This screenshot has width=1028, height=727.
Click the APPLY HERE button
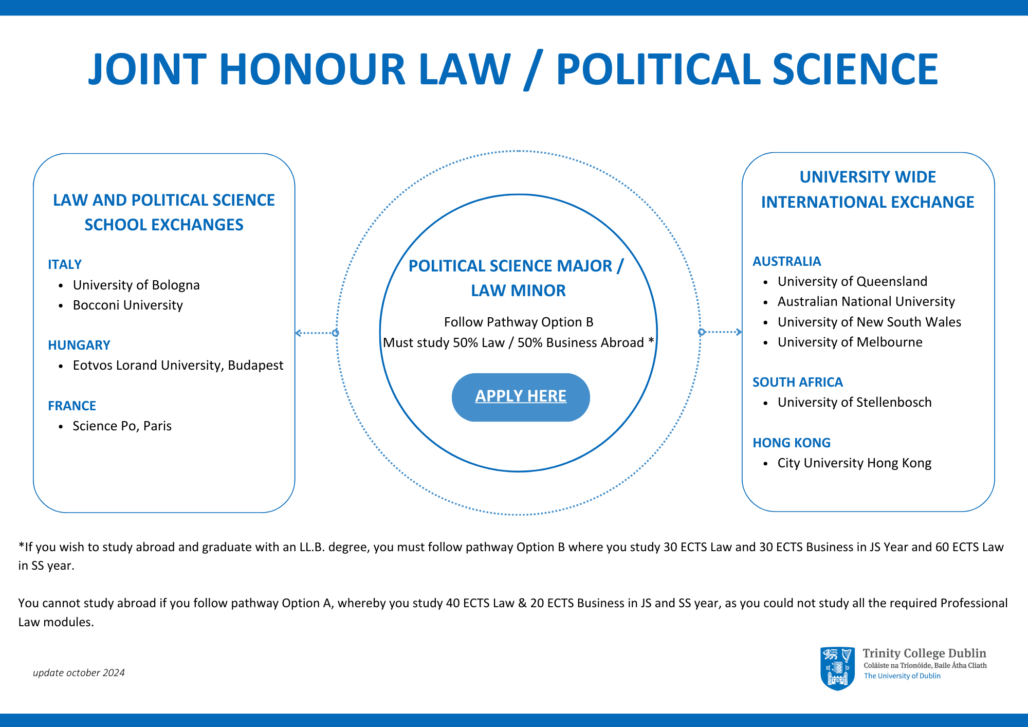[x=520, y=396]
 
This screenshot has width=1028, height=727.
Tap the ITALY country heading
[x=65, y=264]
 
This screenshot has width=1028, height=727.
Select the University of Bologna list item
[x=136, y=285]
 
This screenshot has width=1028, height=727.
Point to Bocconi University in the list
[x=127, y=305]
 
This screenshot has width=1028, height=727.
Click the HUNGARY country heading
[x=79, y=345]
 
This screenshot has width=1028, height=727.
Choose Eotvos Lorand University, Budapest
[x=178, y=365]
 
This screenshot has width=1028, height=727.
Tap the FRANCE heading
[x=72, y=406]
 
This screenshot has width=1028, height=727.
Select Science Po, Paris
[x=122, y=426]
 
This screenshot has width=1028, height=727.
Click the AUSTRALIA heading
[x=786, y=261]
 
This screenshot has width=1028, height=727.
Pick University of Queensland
[x=852, y=281]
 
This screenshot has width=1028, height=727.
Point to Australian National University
[x=866, y=301]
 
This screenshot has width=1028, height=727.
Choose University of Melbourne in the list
[x=850, y=342]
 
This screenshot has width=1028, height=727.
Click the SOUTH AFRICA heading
[x=797, y=382]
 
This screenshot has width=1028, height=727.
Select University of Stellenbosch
[x=854, y=402]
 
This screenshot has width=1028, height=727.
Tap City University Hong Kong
[x=854, y=463]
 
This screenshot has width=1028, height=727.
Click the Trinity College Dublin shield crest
[x=837, y=668]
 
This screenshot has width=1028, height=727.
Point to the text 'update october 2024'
[x=79, y=673]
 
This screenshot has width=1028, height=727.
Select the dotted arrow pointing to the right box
[x=721, y=332]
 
